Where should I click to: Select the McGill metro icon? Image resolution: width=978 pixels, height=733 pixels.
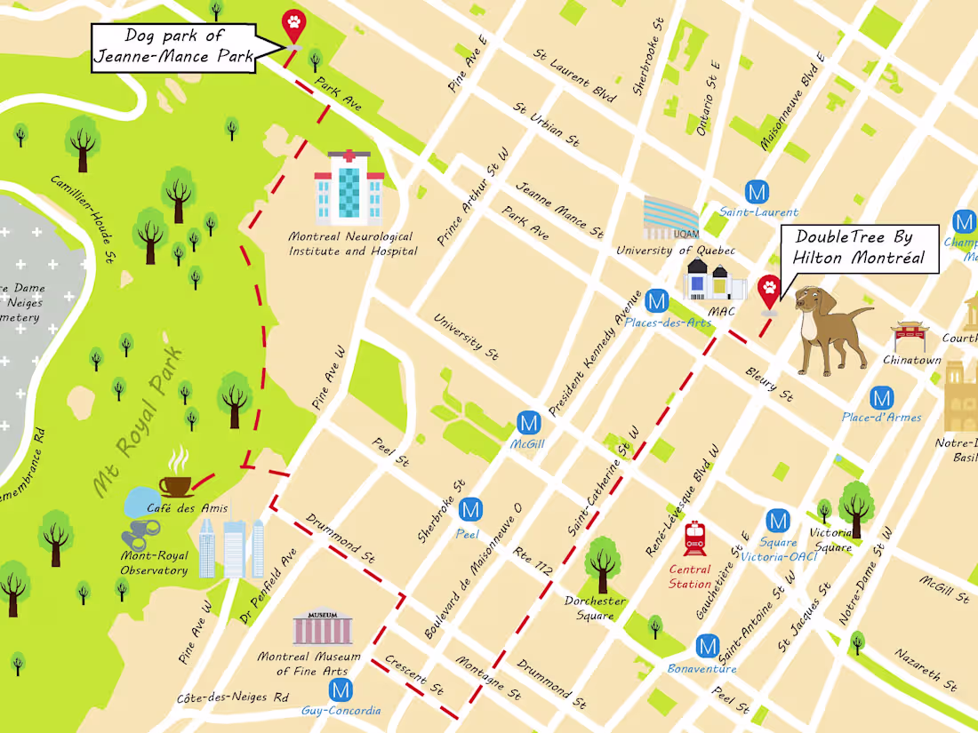point(528,422)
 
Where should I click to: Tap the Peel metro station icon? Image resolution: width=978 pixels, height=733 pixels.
point(470,510)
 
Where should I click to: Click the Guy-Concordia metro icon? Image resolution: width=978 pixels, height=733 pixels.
point(340,689)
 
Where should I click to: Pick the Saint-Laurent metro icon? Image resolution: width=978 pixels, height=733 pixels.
point(758,191)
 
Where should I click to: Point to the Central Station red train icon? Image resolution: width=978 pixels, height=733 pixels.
point(694,538)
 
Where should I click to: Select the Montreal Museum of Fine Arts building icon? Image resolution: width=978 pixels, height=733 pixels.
point(322,627)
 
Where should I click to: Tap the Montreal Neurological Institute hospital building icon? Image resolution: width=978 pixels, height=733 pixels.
point(349,187)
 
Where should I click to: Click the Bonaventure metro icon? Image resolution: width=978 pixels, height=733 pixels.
point(708,646)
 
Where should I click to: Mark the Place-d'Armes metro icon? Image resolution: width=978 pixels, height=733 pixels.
point(881,397)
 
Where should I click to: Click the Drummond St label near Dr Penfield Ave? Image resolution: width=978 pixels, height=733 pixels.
point(341,538)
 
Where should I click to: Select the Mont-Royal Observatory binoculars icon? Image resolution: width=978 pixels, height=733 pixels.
point(140,537)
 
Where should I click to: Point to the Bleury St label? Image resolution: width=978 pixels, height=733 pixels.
point(769,383)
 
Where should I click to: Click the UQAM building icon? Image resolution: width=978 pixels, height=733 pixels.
point(672,218)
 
